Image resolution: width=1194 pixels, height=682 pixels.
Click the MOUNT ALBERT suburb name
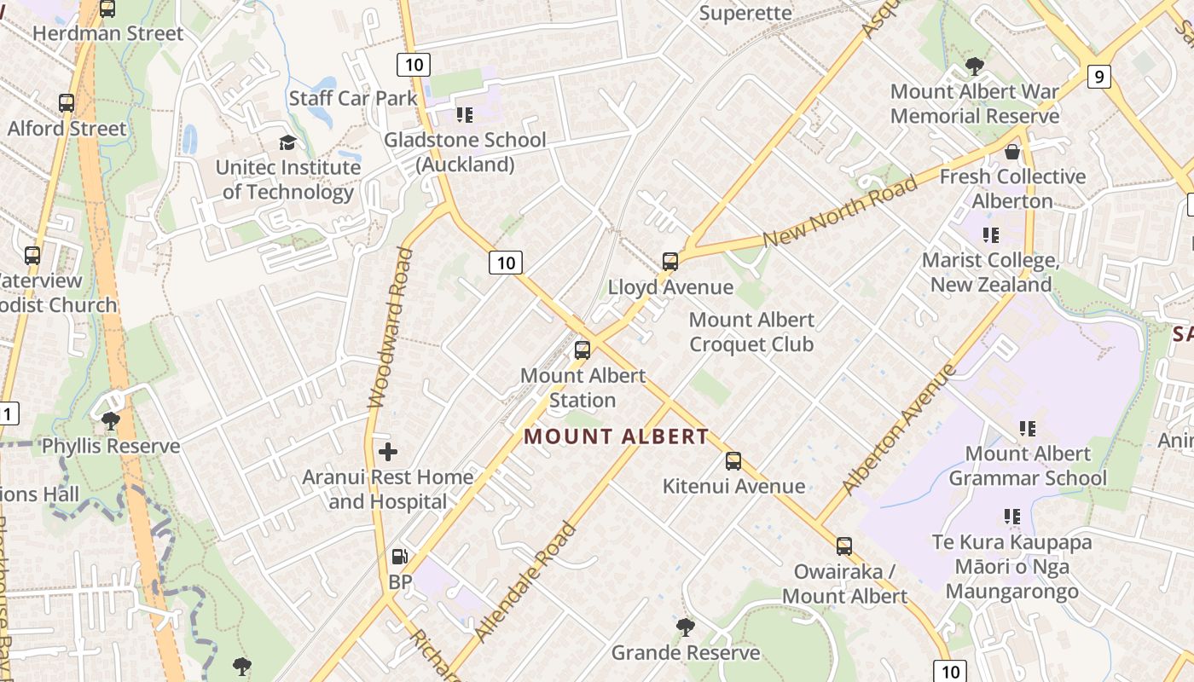(x=616, y=436)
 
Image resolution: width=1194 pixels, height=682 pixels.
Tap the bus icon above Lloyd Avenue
(x=670, y=262)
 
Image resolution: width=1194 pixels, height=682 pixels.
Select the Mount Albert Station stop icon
(x=583, y=350)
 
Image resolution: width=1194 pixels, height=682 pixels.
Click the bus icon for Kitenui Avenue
(x=733, y=461)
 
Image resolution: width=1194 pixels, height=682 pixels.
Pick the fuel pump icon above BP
(x=399, y=558)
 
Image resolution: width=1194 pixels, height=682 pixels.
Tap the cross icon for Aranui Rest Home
(x=388, y=452)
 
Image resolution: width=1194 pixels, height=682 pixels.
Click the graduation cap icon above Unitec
(x=287, y=142)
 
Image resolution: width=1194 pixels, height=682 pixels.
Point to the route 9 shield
(x=1099, y=77)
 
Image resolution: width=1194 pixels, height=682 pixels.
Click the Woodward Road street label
(x=389, y=327)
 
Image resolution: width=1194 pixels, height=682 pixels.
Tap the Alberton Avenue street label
(x=898, y=430)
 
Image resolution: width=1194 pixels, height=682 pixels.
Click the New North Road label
(x=840, y=211)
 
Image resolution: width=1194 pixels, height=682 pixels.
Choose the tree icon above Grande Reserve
(x=685, y=628)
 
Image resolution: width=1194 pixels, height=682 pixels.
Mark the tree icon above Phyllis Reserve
(x=110, y=420)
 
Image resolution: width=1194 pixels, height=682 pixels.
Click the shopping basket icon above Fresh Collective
(x=1012, y=153)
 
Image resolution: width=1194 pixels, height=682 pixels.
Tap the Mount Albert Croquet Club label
(x=751, y=332)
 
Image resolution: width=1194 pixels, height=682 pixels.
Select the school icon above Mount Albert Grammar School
(x=1028, y=429)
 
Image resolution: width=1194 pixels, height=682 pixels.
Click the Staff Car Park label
(x=353, y=98)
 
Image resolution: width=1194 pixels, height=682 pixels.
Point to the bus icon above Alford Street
(x=67, y=103)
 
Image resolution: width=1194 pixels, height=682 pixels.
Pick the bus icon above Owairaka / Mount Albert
(x=844, y=546)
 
